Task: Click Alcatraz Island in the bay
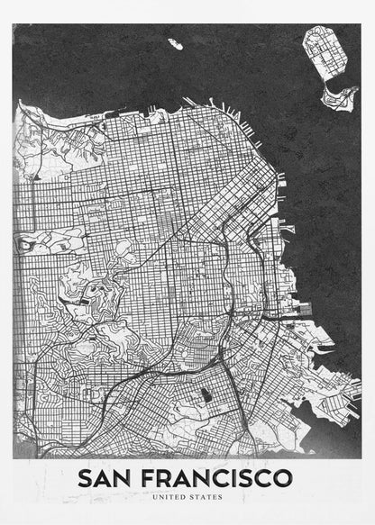click(x=174, y=41)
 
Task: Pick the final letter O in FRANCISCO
click(x=283, y=477)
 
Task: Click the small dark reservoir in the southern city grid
click(x=206, y=394)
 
